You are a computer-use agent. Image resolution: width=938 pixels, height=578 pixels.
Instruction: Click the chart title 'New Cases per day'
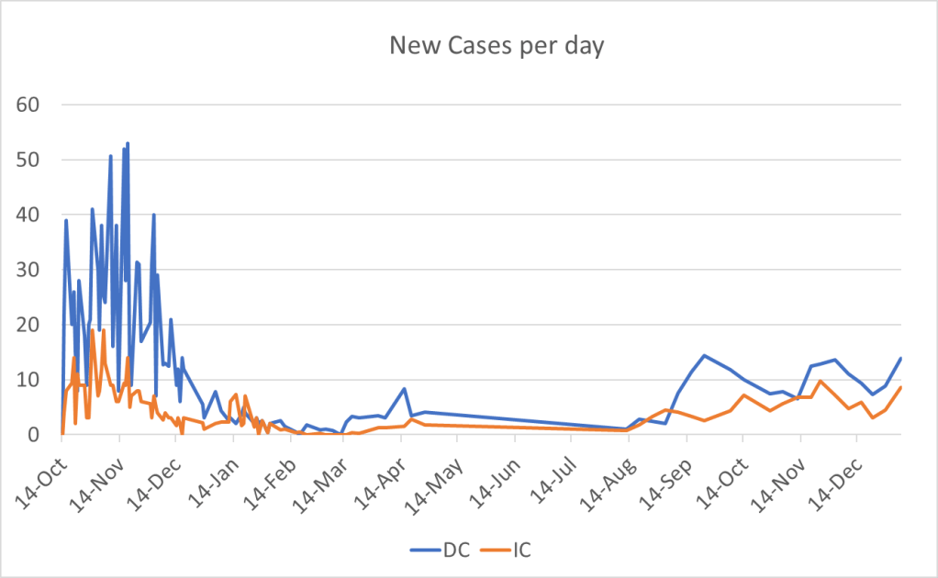tap(497, 47)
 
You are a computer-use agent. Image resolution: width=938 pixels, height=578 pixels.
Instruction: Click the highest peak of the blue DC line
tap(128, 143)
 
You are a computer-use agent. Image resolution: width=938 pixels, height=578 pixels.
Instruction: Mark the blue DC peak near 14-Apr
tap(405, 389)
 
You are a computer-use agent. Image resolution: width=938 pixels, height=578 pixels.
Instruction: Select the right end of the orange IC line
tap(901, 387)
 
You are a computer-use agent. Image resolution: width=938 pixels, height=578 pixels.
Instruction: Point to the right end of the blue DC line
tap(901, 358)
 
